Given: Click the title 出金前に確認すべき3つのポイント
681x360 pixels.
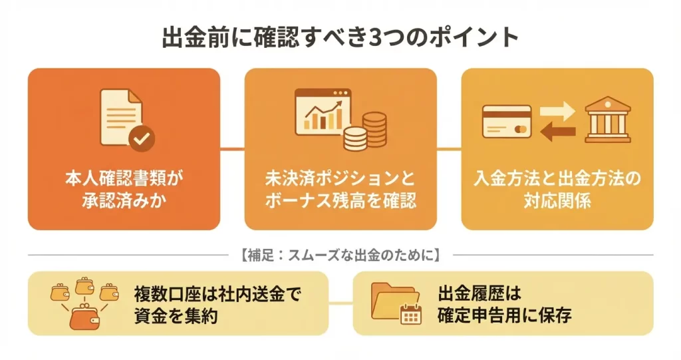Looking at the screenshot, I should pyautogui.click(x=340, y=37).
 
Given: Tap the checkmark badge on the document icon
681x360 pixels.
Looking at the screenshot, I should pyautogui.click(x=141, y=138).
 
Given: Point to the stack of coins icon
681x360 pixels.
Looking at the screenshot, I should pyautogui.click(x=366, y=131).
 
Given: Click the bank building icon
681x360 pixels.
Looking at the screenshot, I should pyautogui.click(x=607, y=120).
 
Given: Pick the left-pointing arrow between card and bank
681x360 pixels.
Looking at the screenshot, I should pyautogui.click(x=557, y=132).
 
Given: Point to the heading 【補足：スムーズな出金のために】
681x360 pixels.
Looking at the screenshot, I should pyautogui.click(x=340, y=254).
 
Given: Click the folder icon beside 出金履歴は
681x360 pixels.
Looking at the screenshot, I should pyautogui.click(x=395, y=301).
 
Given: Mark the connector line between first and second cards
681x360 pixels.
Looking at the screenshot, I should pyautogui.click(x=232, y=149).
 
